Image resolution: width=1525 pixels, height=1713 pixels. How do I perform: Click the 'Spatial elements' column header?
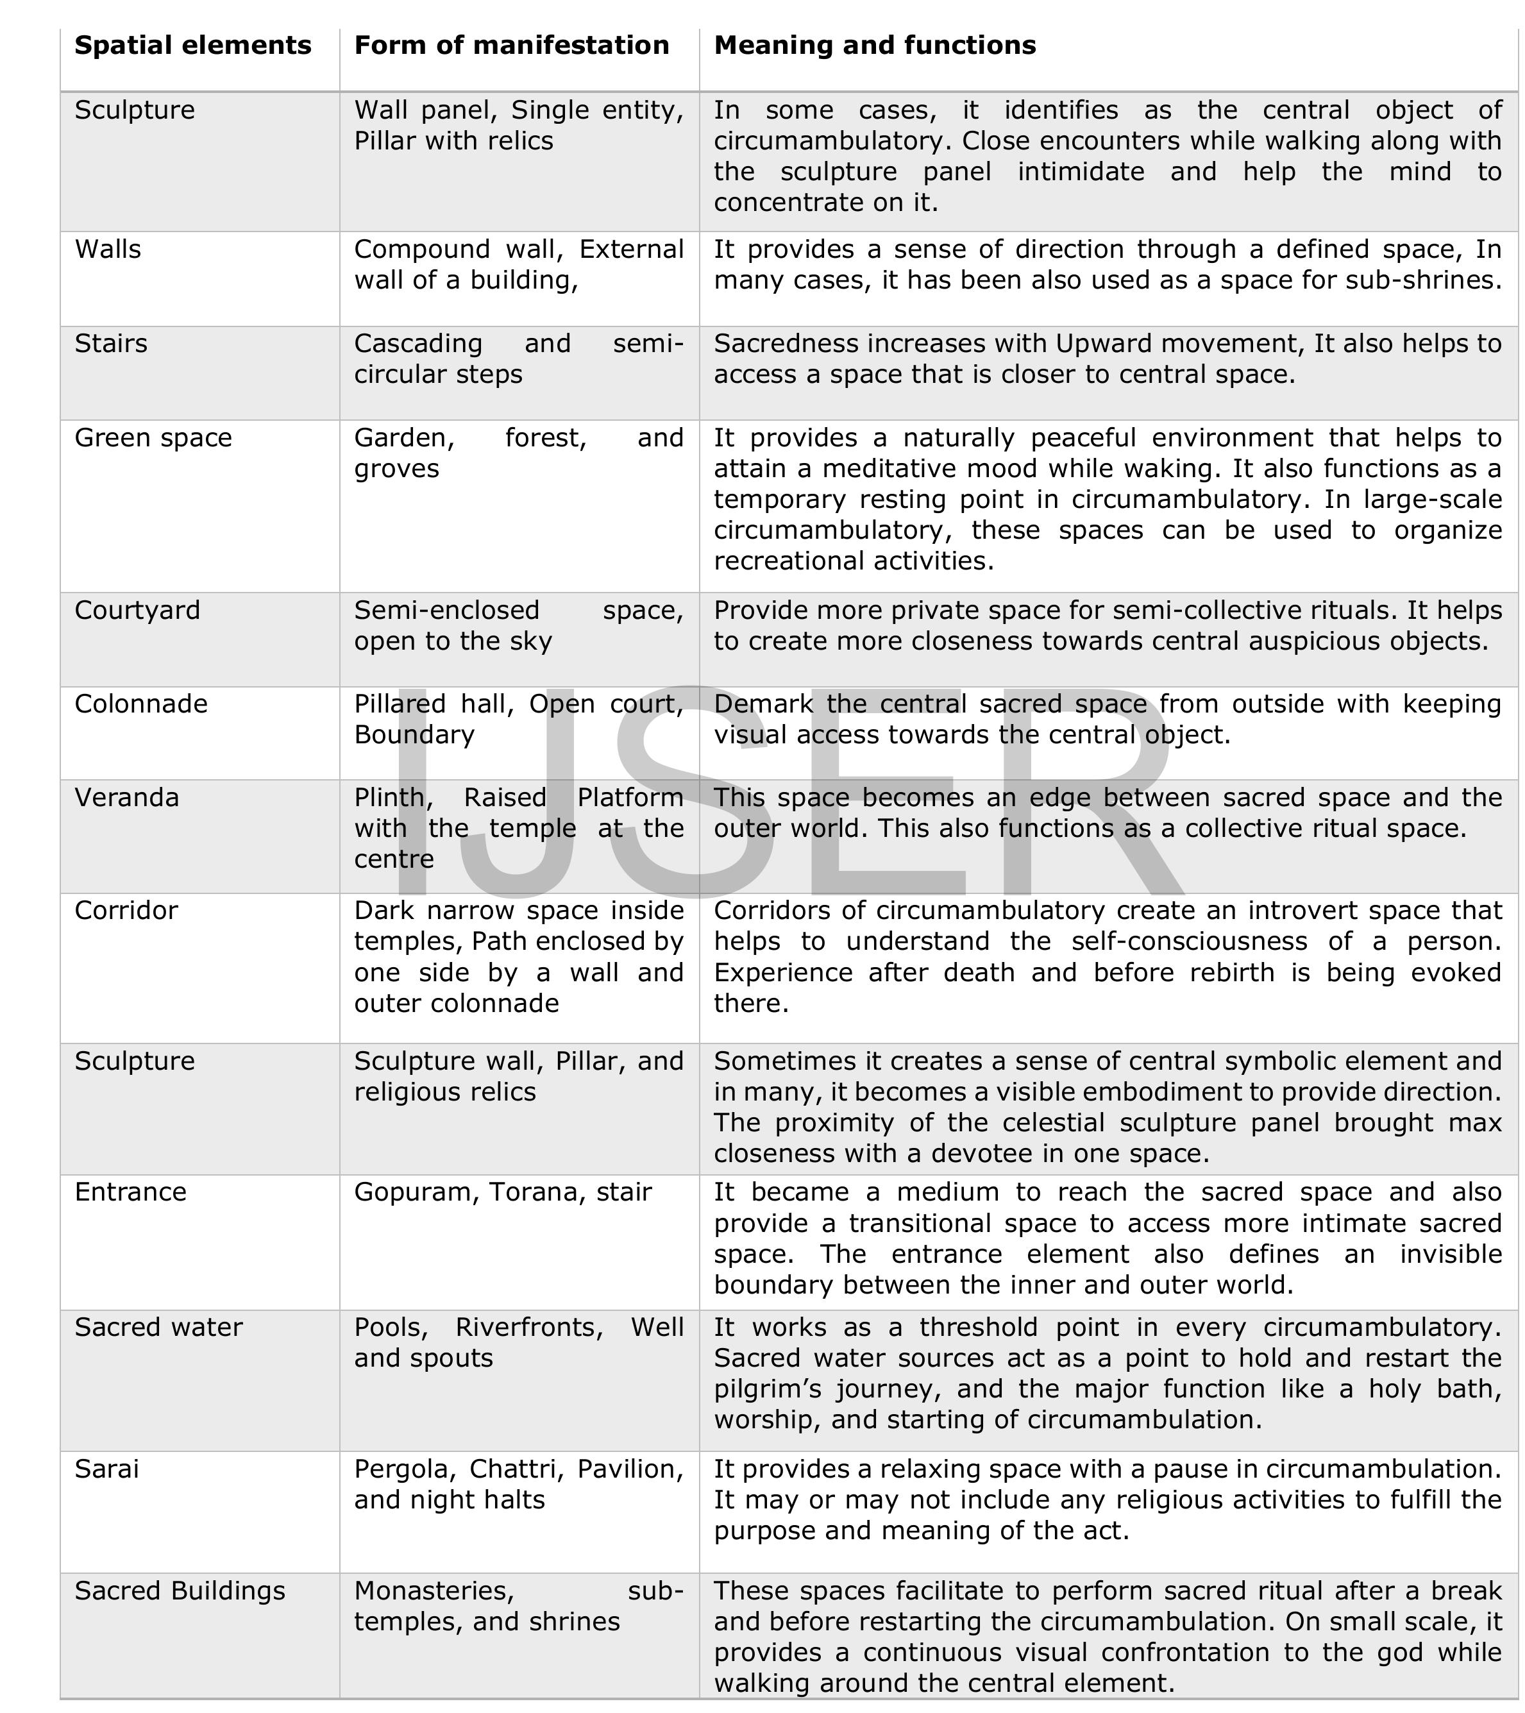point(193,46)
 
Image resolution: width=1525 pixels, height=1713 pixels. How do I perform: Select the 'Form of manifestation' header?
point(511,46)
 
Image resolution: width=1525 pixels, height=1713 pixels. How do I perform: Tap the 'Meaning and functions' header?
point(875,46)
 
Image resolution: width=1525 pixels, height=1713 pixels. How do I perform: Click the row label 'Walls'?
point(108,249)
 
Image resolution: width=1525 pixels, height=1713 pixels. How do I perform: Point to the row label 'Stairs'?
point(110,344)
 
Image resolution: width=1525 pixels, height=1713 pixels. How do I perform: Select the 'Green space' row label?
point(153,438)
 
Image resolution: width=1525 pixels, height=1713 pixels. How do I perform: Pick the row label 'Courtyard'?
point(137,610)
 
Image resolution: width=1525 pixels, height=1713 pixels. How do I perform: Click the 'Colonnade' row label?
point(141,704)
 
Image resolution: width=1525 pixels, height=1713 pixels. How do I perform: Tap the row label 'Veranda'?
point(126,798)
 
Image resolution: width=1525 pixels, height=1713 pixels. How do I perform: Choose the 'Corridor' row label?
point(126,911)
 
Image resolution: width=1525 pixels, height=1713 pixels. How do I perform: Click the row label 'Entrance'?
point(131,1193)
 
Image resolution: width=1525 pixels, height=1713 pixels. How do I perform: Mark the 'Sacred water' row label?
point(158,1328)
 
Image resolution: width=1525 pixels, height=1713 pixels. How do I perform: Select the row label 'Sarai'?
point(106,1469)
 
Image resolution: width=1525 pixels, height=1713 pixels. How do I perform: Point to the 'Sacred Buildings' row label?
point(180,1592)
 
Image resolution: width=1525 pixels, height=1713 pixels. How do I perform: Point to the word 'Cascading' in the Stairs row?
point(418,344)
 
